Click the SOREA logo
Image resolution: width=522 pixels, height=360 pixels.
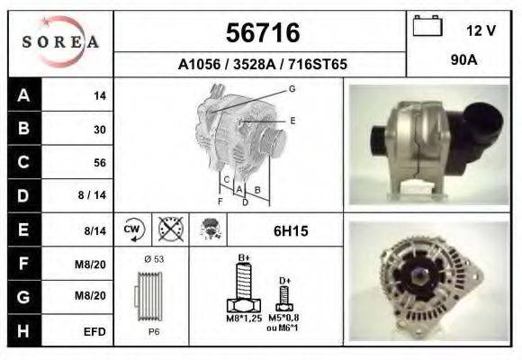pyautogui.click(x=60, y=42)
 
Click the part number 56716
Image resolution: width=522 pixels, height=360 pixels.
pyautogui.click(x=263, y=32)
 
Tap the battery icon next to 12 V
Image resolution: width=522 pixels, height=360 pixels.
pyautogui.click(x=427, y=25)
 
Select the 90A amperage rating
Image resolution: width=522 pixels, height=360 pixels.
pyautogui.click(x=464, y=60)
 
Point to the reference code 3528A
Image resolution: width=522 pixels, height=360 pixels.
pyautogui.click(x=255, y=64)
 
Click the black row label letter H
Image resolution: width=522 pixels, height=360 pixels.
pyautogui.click(x=23, y=331)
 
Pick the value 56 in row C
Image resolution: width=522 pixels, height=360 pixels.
pyautogui.click(x=100, y=163)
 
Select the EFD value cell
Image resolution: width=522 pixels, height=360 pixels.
pyautogui.click(x=94, y=332)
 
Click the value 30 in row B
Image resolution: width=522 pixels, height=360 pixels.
pyautogui.click(x=100, y=130)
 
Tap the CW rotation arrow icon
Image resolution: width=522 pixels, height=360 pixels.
pyautogui.click(x=134, y=229)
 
